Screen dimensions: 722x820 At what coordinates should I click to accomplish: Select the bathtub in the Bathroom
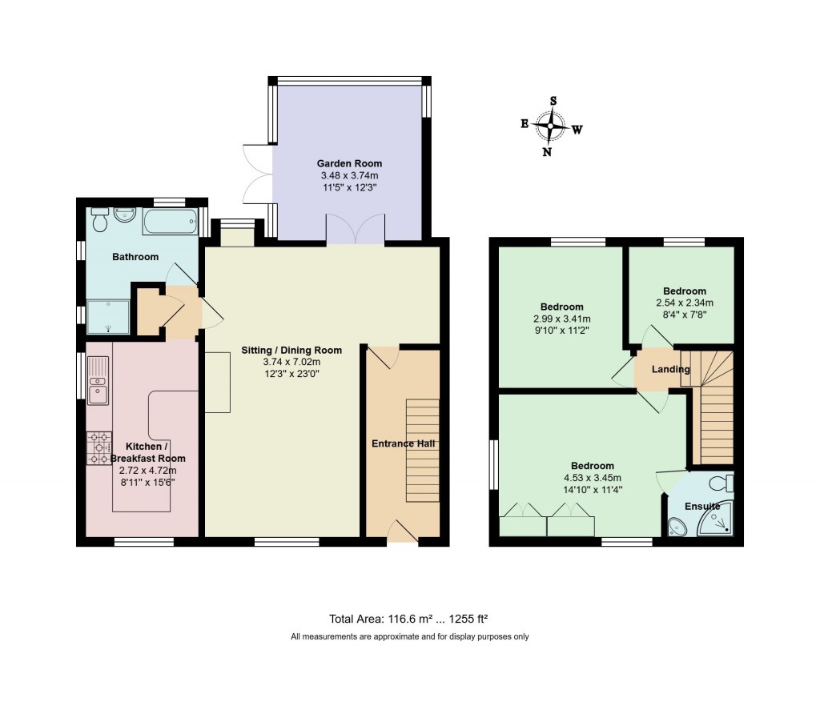170,222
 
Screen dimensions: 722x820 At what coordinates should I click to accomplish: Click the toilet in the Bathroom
100,219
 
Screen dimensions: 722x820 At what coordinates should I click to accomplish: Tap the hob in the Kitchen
99,447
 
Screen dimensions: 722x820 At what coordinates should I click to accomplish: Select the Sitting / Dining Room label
292,350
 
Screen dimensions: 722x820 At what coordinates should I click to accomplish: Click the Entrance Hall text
403,443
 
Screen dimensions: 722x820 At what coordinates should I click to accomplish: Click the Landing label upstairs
671,369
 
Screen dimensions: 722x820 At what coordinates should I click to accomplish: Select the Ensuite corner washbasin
677,525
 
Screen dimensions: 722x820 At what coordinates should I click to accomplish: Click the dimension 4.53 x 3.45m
592,478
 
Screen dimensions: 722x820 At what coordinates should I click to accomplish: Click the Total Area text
409,618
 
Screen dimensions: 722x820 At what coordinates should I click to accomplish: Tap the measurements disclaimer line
409,637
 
